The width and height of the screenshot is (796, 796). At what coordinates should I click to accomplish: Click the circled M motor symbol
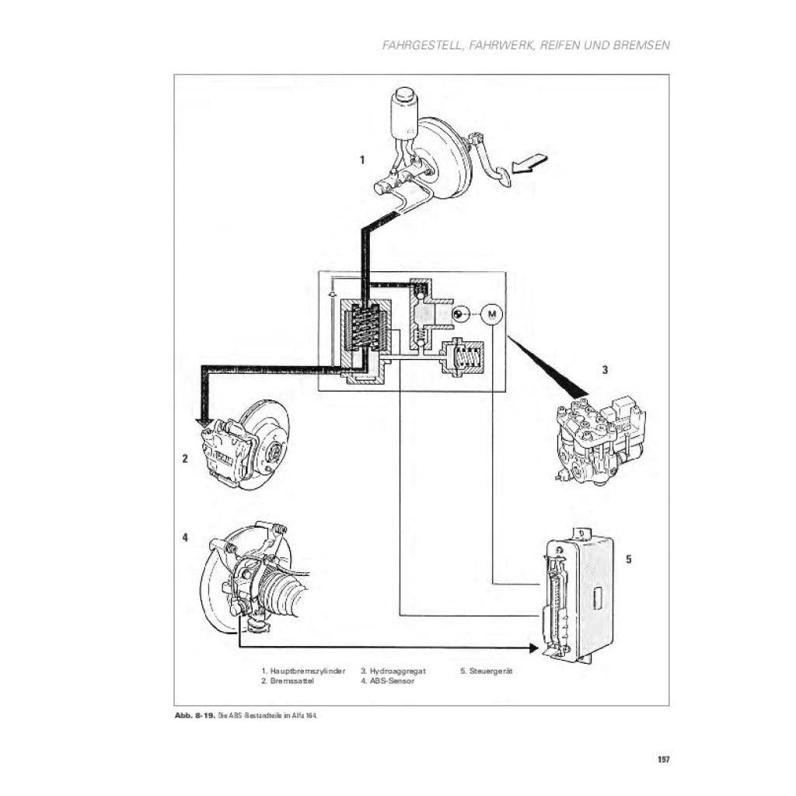(x=491, y=314)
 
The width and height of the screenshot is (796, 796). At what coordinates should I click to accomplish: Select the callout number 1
(x=362, y=160)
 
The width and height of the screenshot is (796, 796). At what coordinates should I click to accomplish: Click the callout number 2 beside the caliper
(x=185, y=459)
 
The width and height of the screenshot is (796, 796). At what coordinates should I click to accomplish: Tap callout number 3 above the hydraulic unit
(x=605, y=370)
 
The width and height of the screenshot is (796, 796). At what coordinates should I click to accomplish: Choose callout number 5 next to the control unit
(x=628, y=558)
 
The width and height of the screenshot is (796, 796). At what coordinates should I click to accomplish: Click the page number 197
(x=663, y=760)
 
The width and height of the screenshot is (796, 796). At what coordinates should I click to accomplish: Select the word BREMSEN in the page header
(x=641, y=45)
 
